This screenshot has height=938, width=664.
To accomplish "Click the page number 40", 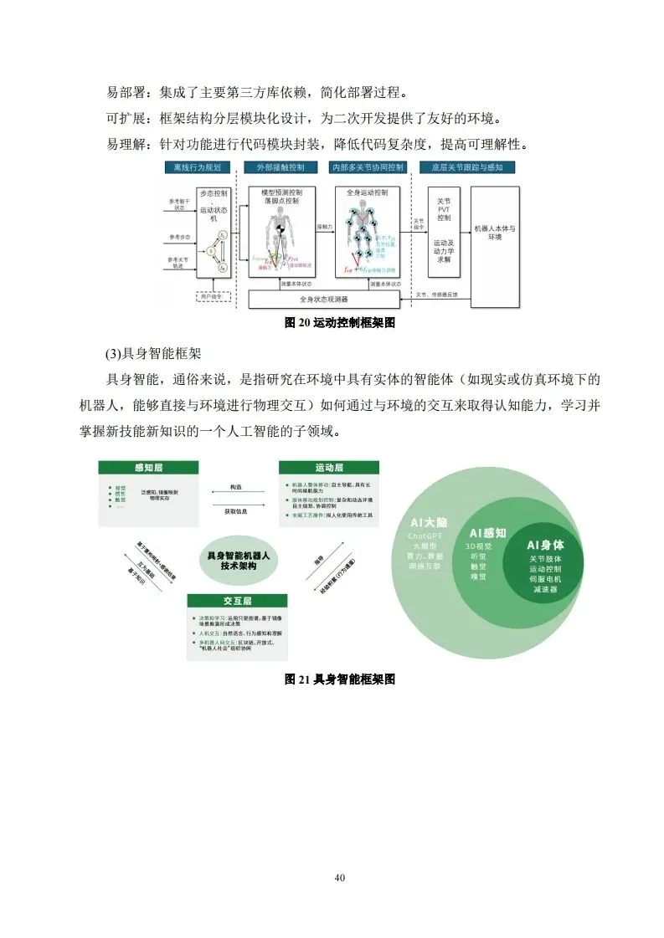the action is pyautogui.click(x=339, y=877).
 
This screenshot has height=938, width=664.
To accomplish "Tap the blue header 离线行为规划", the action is pyautogui.click(x=197, y=167).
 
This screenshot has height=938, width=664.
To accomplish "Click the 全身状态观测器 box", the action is pyautogui.click(x=323, y=298).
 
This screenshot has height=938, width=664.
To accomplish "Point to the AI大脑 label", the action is pyautogui.click(x=429, y=520).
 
